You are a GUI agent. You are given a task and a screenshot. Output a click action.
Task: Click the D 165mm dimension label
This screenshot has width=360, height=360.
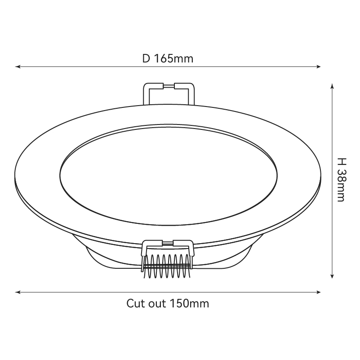click(x=168, y=58)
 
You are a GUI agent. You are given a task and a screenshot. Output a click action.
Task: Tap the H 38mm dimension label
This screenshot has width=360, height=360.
click(x=342, y=180)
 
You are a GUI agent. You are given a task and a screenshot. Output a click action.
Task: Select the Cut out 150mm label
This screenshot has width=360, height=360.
click(x=168, y=303)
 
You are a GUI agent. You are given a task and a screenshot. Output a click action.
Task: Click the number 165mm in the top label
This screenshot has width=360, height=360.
click(x=173, y=58)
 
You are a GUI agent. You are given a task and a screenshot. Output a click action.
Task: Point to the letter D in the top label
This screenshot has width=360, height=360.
click(x=146, y=58)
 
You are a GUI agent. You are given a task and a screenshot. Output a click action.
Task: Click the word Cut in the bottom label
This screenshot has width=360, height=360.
click(x=135, y=303)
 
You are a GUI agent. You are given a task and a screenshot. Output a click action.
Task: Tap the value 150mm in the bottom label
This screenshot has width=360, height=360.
click(x=189, y=303)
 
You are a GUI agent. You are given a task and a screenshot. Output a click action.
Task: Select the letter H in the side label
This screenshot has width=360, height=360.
click(x=342, y=162)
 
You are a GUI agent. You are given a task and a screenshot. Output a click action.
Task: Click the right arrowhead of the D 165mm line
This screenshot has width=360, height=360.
click(x=318, y=67)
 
